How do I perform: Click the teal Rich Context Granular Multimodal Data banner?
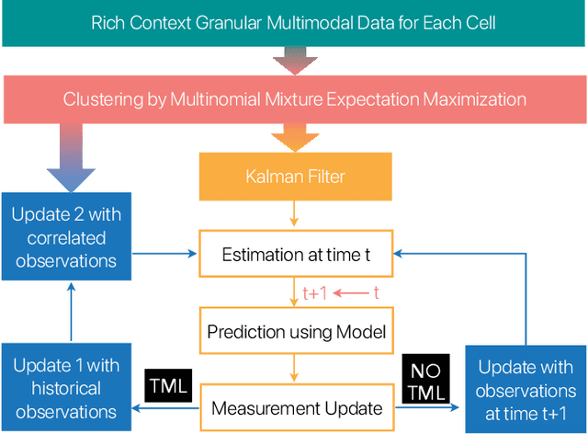pos(294,22)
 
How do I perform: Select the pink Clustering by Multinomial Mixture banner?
pos(294,99)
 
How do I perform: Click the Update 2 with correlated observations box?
pos(64,237)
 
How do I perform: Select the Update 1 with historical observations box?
pos(64,388)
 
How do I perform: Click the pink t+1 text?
pos(314,292)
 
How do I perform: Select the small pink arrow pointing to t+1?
pos(350,292)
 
